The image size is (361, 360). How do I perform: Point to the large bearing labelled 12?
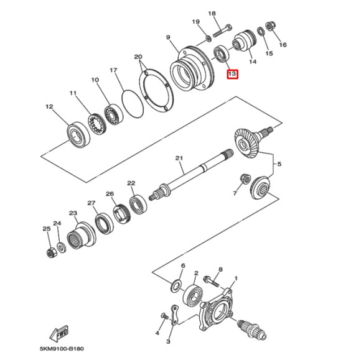tap(77, 132)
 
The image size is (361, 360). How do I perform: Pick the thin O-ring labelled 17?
tap(132, 104)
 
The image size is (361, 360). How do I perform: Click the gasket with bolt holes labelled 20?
tap(154, 91)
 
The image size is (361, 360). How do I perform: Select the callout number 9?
tap(168, 38)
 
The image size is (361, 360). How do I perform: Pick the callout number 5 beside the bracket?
tap(279, 164)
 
